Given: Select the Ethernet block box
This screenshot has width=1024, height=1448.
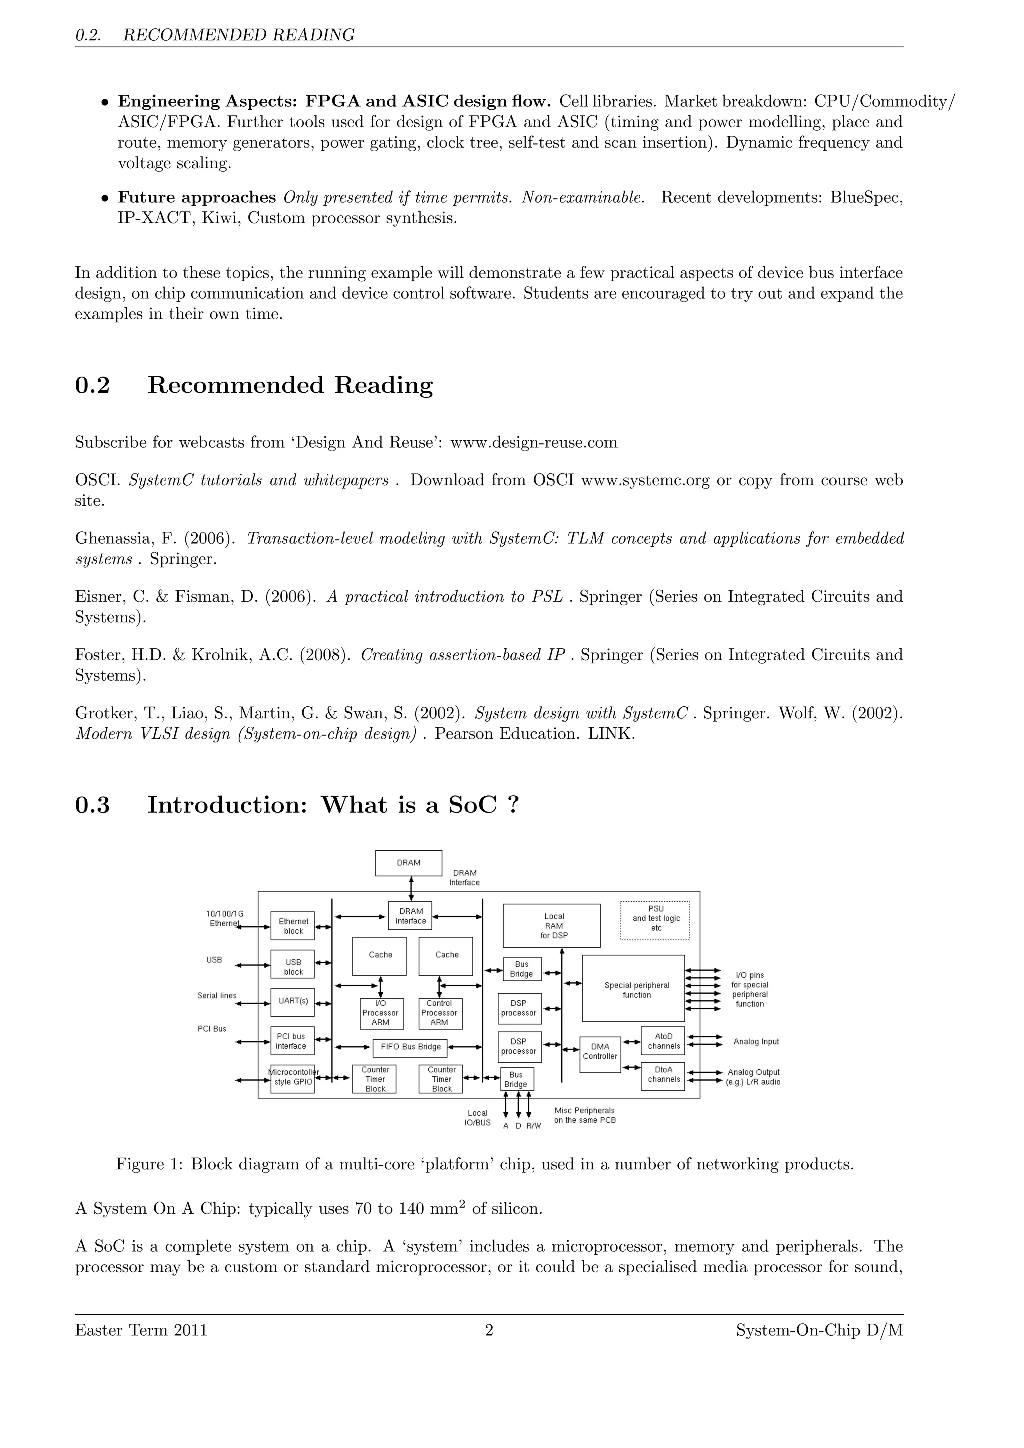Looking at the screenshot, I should click(x=293, y=926).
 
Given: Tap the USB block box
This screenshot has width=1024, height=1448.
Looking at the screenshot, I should click(x=293, y=967).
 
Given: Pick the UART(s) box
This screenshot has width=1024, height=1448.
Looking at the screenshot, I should click(x=293, y=1002).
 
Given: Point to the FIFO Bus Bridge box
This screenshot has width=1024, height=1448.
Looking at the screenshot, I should click(x=410, y=1047).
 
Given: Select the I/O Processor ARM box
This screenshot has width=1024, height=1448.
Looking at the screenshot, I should click(x=380, y=1013).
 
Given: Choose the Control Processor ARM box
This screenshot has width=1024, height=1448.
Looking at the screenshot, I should click(x=439, y=1013).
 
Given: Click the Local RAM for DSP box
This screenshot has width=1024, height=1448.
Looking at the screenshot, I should click(x=551, y=926).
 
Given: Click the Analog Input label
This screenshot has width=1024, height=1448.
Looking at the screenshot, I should click(x=756, y=1042).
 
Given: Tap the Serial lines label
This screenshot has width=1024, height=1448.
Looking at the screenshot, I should click(x=217, y=996).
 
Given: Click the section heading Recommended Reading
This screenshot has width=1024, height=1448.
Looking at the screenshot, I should click(x=290, y=385).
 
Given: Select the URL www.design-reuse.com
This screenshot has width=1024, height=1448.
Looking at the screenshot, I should click(x=534, y=442).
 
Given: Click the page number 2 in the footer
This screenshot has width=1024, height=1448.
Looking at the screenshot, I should click(x=489, y=1330).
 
